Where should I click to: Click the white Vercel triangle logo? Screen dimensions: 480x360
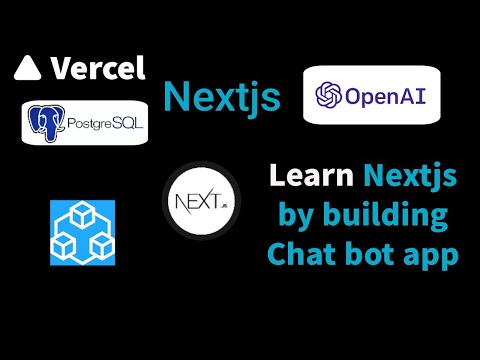27,68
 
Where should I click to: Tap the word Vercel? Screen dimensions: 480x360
97,68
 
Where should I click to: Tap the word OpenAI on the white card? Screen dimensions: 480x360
385,96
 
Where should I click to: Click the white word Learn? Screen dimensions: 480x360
310,177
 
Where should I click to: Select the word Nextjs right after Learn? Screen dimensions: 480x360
411,177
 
